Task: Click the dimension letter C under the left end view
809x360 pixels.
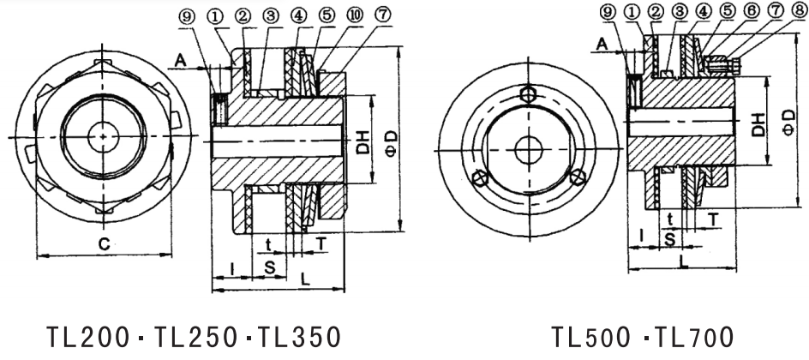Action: tap(103, 244)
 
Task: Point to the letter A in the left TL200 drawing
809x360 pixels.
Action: tap(181, 58)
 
